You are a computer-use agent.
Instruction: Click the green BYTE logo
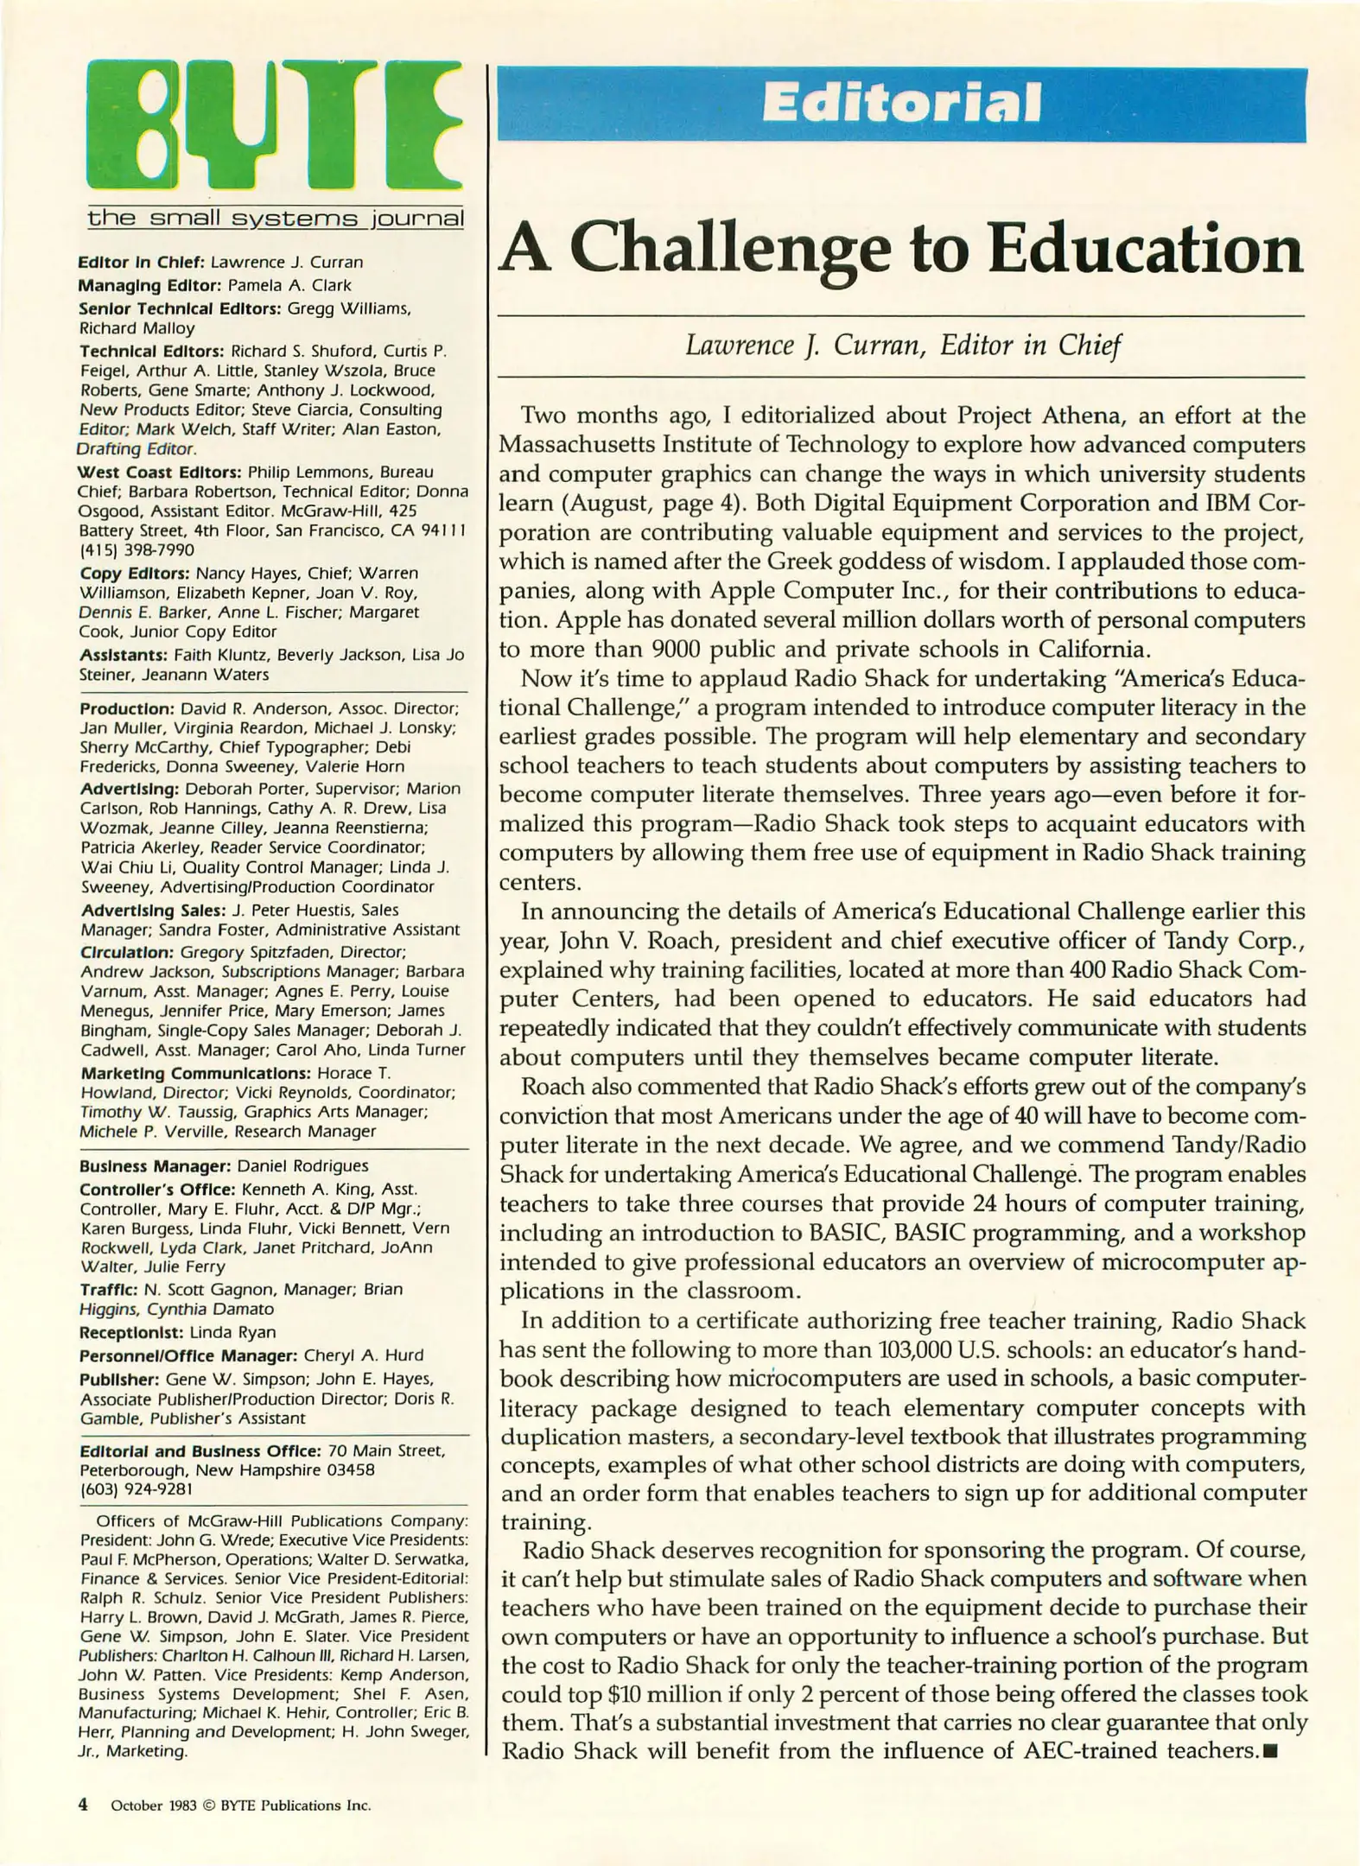[x=275, y=125]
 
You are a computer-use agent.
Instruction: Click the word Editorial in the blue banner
[x=901, y=104]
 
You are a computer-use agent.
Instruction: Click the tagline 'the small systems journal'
[x=275, y=218]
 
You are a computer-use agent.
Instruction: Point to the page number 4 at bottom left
[x=83, y=1805]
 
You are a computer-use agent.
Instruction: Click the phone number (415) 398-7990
[x=137, y=550]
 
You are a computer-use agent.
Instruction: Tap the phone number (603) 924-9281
[x=137, y=1489]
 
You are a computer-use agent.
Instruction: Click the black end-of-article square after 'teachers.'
[x=1269, y=1752]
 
